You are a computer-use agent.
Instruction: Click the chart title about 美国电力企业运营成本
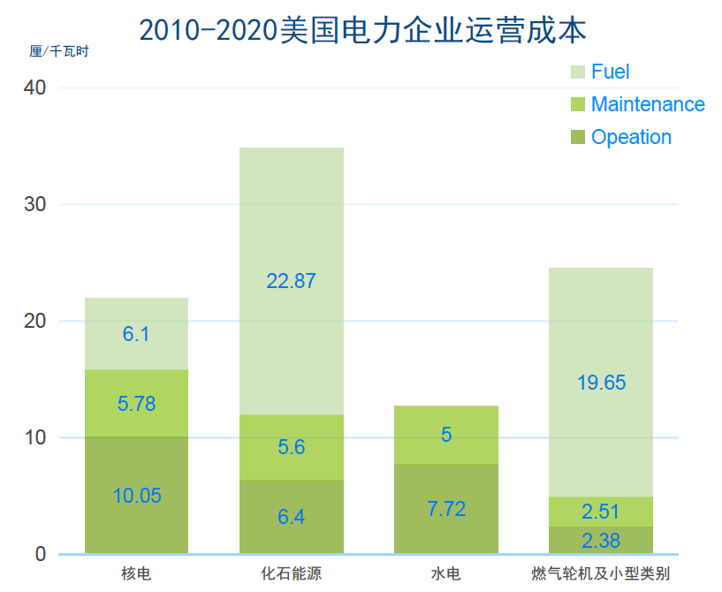362,30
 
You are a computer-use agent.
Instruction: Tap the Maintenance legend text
648,105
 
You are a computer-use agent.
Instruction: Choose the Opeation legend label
631,138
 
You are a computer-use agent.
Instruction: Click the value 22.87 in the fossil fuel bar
292,282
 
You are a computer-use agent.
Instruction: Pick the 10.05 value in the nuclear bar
137,496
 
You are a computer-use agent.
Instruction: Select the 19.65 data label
601,383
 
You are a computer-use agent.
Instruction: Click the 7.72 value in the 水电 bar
446,509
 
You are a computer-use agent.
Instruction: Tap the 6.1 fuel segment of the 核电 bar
137,334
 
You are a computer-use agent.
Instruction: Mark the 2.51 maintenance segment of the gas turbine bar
601,512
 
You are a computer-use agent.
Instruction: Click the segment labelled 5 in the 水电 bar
446,435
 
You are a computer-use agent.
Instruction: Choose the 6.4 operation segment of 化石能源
292,517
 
